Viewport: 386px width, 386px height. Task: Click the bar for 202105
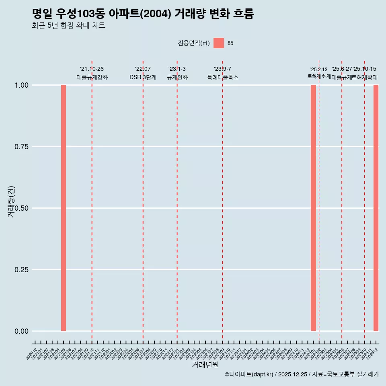[64, 208]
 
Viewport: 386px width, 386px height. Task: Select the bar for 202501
[313, 208]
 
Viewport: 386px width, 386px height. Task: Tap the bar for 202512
[376, 208]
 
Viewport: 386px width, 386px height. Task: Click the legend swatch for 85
[219, 43]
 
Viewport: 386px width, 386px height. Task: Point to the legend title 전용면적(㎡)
[194, 43]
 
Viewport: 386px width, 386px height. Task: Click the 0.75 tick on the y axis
[21, 147]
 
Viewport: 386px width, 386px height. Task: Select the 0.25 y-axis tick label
[21, 270]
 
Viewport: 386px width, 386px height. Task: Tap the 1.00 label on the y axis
[21, 85]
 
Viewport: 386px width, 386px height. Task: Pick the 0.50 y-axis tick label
[21, 208]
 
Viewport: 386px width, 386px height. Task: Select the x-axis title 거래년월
[205, 365]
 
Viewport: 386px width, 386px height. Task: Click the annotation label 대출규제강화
[92, 77]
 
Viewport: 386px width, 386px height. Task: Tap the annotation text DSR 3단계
[143, 77]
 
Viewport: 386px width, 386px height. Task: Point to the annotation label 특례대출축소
[223, 77]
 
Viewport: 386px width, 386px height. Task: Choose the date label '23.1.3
[177, 69]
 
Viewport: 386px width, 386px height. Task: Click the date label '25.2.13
[319, 70]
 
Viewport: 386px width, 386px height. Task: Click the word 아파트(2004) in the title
[141, 14]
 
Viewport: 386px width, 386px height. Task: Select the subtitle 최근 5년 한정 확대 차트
[68, 26]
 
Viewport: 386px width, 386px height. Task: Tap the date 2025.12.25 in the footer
[293, 374]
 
